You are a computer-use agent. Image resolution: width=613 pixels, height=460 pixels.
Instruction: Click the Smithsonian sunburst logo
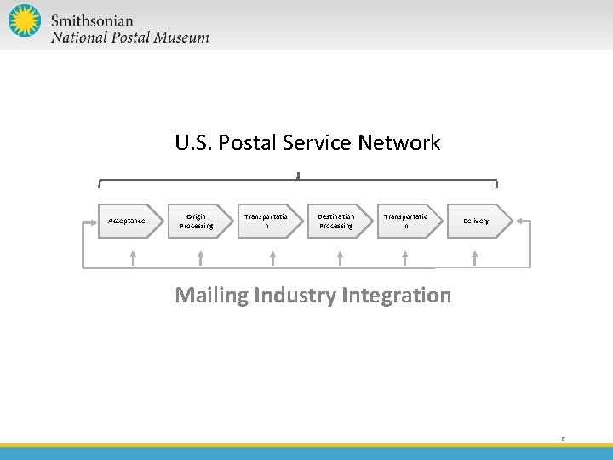click(x=25, y=20)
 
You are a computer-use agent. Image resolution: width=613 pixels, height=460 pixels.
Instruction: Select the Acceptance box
click(x=129, y=221)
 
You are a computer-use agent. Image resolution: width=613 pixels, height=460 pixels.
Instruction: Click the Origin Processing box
click(x=198, y=221)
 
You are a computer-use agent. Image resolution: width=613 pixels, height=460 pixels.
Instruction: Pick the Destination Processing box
click(x=338, y=221)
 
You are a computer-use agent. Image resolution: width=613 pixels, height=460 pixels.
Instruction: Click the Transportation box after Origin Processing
click(x=267, y=221)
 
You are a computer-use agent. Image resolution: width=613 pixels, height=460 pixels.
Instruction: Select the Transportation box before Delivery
click(x=408, y=221)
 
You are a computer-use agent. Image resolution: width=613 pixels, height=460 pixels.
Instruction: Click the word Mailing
click(x=209, y=296)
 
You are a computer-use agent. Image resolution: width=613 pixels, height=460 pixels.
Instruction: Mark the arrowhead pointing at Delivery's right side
click(x=521, y=221)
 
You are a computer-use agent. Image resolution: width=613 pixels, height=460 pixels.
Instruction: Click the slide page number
click(x=563, y=439)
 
